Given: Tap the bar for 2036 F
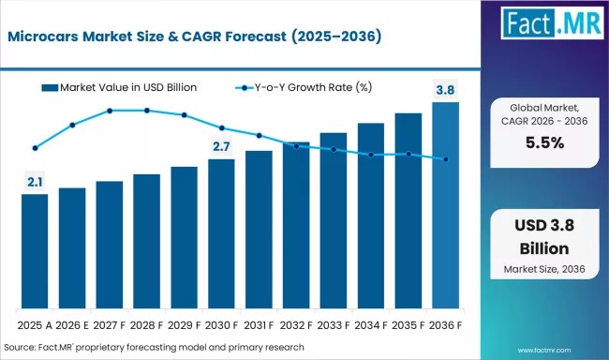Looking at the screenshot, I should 445,205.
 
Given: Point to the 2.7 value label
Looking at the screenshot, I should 221,146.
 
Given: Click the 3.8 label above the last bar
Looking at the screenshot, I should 445,90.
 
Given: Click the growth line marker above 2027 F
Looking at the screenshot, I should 110,111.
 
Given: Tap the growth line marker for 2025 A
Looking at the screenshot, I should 35,148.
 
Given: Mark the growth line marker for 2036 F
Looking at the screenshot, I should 445,159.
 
